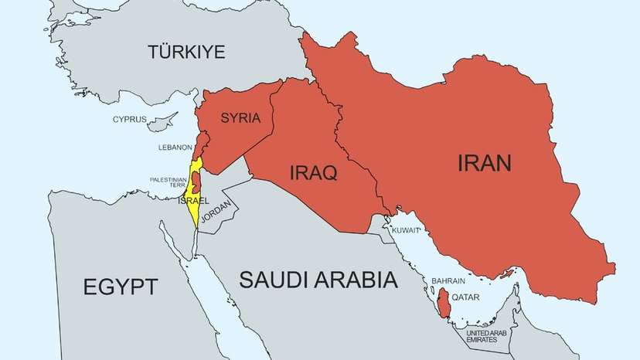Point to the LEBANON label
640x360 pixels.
point(175,147)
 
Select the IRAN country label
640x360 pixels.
point(485,164)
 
